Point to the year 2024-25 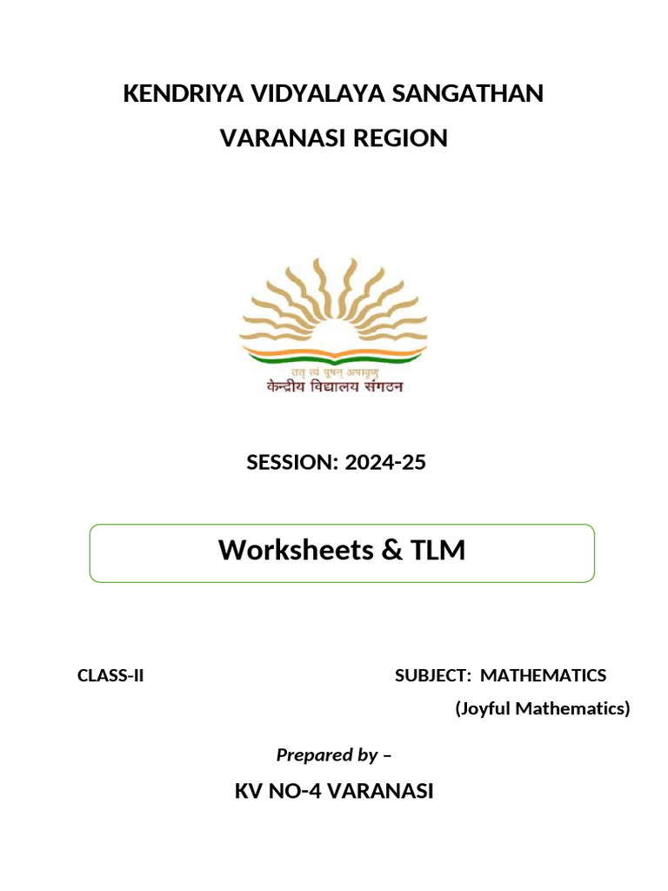click(385, 463)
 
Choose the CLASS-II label click(110, 675)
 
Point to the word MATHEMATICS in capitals click(544, 675)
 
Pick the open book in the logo click(334, 355)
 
